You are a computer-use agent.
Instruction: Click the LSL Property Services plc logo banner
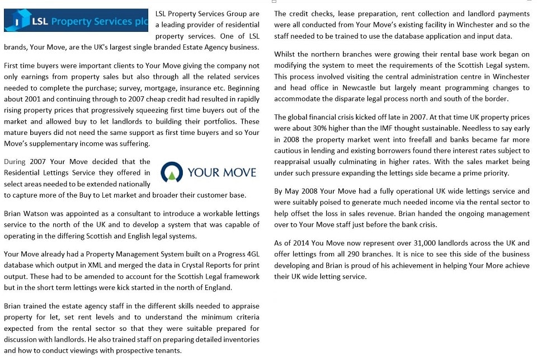[x=76, y=21]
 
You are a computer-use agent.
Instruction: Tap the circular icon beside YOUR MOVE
[x=171, y=172]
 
